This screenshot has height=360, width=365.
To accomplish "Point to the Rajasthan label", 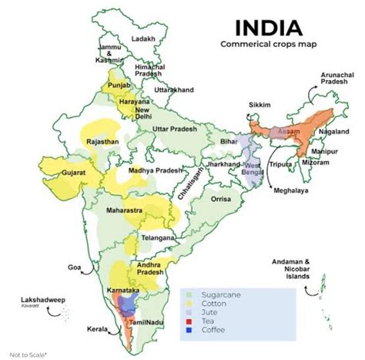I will (103, 142).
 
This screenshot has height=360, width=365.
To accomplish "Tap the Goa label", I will (75, 267).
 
